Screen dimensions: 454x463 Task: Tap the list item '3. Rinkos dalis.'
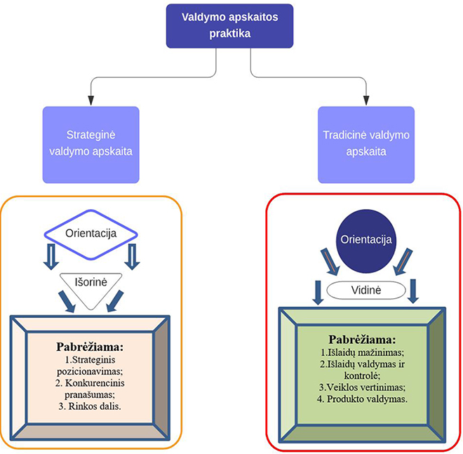[x=90, y=406]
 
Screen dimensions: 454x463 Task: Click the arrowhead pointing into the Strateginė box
[x=90, y=100]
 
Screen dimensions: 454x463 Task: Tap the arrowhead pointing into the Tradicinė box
[x=365, y=100]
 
